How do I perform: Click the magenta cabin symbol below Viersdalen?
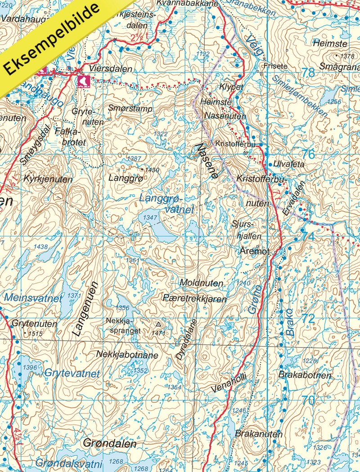[x=83, y=81]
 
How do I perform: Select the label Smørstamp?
[x=130, y=108]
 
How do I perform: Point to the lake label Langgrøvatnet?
[x=166, y=204]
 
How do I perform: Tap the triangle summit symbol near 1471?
[x=158, y=324]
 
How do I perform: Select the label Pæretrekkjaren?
[x=195, y=299]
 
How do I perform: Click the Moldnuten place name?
[x=201, y=283]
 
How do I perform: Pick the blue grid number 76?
[x=308, y=154]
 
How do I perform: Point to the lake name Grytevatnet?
[x=72, y=373]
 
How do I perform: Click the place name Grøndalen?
[x=110, y=444]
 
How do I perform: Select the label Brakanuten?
[x=258, y=434]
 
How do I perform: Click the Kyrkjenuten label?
[x=48, y=179]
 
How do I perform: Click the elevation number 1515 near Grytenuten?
[x=35, y=334]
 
